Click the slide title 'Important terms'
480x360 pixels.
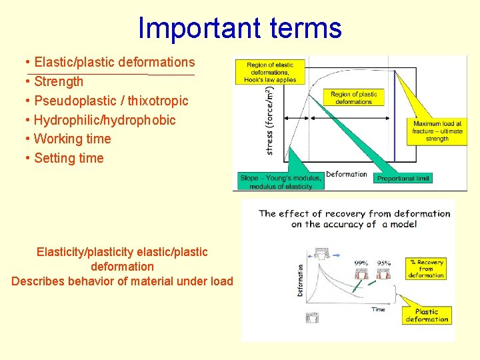239,28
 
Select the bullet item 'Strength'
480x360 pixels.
58,81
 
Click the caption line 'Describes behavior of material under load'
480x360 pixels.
122,281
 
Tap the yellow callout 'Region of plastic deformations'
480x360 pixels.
353,98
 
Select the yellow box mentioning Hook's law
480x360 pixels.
271,72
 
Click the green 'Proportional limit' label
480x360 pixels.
403,178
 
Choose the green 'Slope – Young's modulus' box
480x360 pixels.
281,181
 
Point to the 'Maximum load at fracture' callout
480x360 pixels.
437,131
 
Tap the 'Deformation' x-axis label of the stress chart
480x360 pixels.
346,174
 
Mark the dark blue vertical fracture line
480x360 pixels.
395,113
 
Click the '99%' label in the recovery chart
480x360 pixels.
361,263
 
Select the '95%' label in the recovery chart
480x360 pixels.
383,263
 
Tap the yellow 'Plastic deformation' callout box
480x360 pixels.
427,315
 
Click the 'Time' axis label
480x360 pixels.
378,309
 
